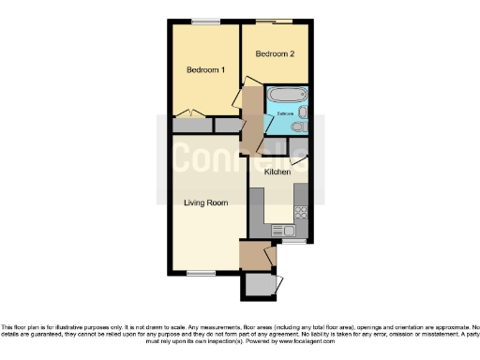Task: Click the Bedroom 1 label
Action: click(x=205, y=70)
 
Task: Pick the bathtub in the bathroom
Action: click(x=285, y=96)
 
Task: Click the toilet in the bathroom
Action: click(x=297, y=127)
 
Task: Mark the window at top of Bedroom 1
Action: click(x=205, y=22)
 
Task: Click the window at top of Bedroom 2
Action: click(x=278, y=22)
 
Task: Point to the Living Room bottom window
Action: click(x=201, y=273)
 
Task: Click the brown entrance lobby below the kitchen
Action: click(x=252, y=254)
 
